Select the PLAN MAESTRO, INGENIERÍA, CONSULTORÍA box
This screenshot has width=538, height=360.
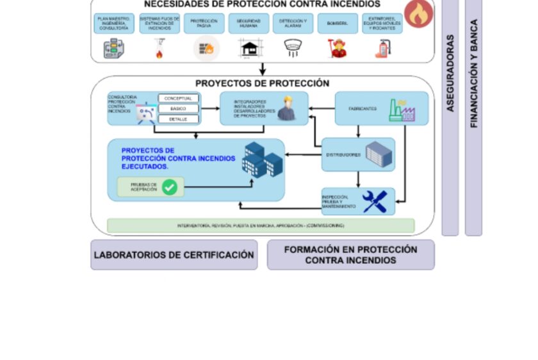114,24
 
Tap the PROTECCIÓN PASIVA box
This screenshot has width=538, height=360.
204,24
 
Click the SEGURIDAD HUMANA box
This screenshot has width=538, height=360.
249,24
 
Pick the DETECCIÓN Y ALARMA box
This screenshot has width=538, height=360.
293,24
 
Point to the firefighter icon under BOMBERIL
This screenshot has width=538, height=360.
338,49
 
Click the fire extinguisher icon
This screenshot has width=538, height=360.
382,49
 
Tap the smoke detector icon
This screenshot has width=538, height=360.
293,49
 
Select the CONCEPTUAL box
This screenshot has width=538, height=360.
179,98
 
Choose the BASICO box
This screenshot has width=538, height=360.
179,108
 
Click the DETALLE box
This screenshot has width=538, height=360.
179,119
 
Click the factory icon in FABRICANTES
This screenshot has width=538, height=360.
402,110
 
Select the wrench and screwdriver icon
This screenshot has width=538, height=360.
375,201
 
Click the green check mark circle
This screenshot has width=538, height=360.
170,187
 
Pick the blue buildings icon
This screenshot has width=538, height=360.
261,159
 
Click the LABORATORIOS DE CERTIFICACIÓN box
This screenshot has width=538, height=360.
174,255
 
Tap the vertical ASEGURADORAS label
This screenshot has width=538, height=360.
450,74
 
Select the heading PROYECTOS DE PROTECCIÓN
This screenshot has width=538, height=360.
263,83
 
